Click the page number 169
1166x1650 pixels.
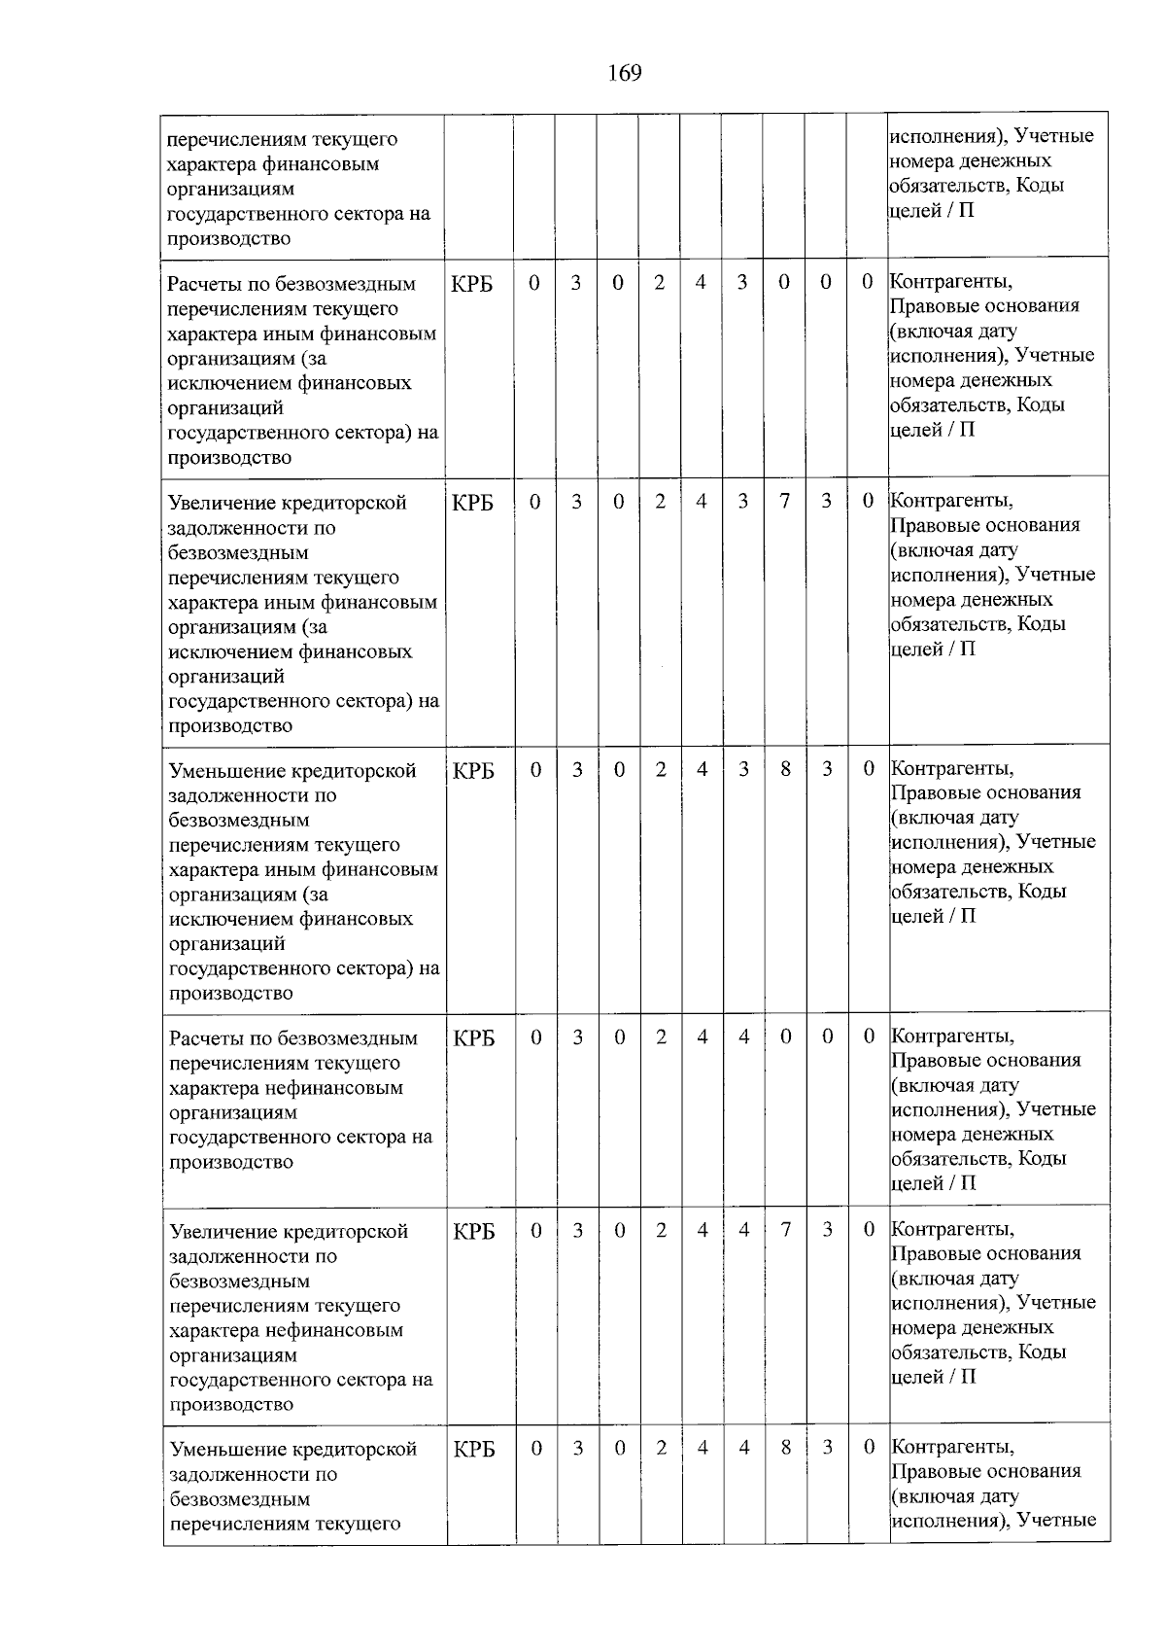pos(625,73)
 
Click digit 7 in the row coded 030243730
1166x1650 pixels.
pos(784,502)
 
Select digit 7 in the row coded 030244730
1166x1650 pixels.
pos(785,1230)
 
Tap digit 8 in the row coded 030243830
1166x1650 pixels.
pos(785,769)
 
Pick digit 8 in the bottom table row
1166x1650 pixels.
pos(785,1448)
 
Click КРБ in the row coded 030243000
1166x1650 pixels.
pos(472,284)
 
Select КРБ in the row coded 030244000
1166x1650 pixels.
pos(473,1037)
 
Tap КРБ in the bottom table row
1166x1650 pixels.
pos(474,1450)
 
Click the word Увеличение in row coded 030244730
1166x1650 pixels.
pos(223,1232)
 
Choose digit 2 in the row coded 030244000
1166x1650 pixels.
pos(661,1037)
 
